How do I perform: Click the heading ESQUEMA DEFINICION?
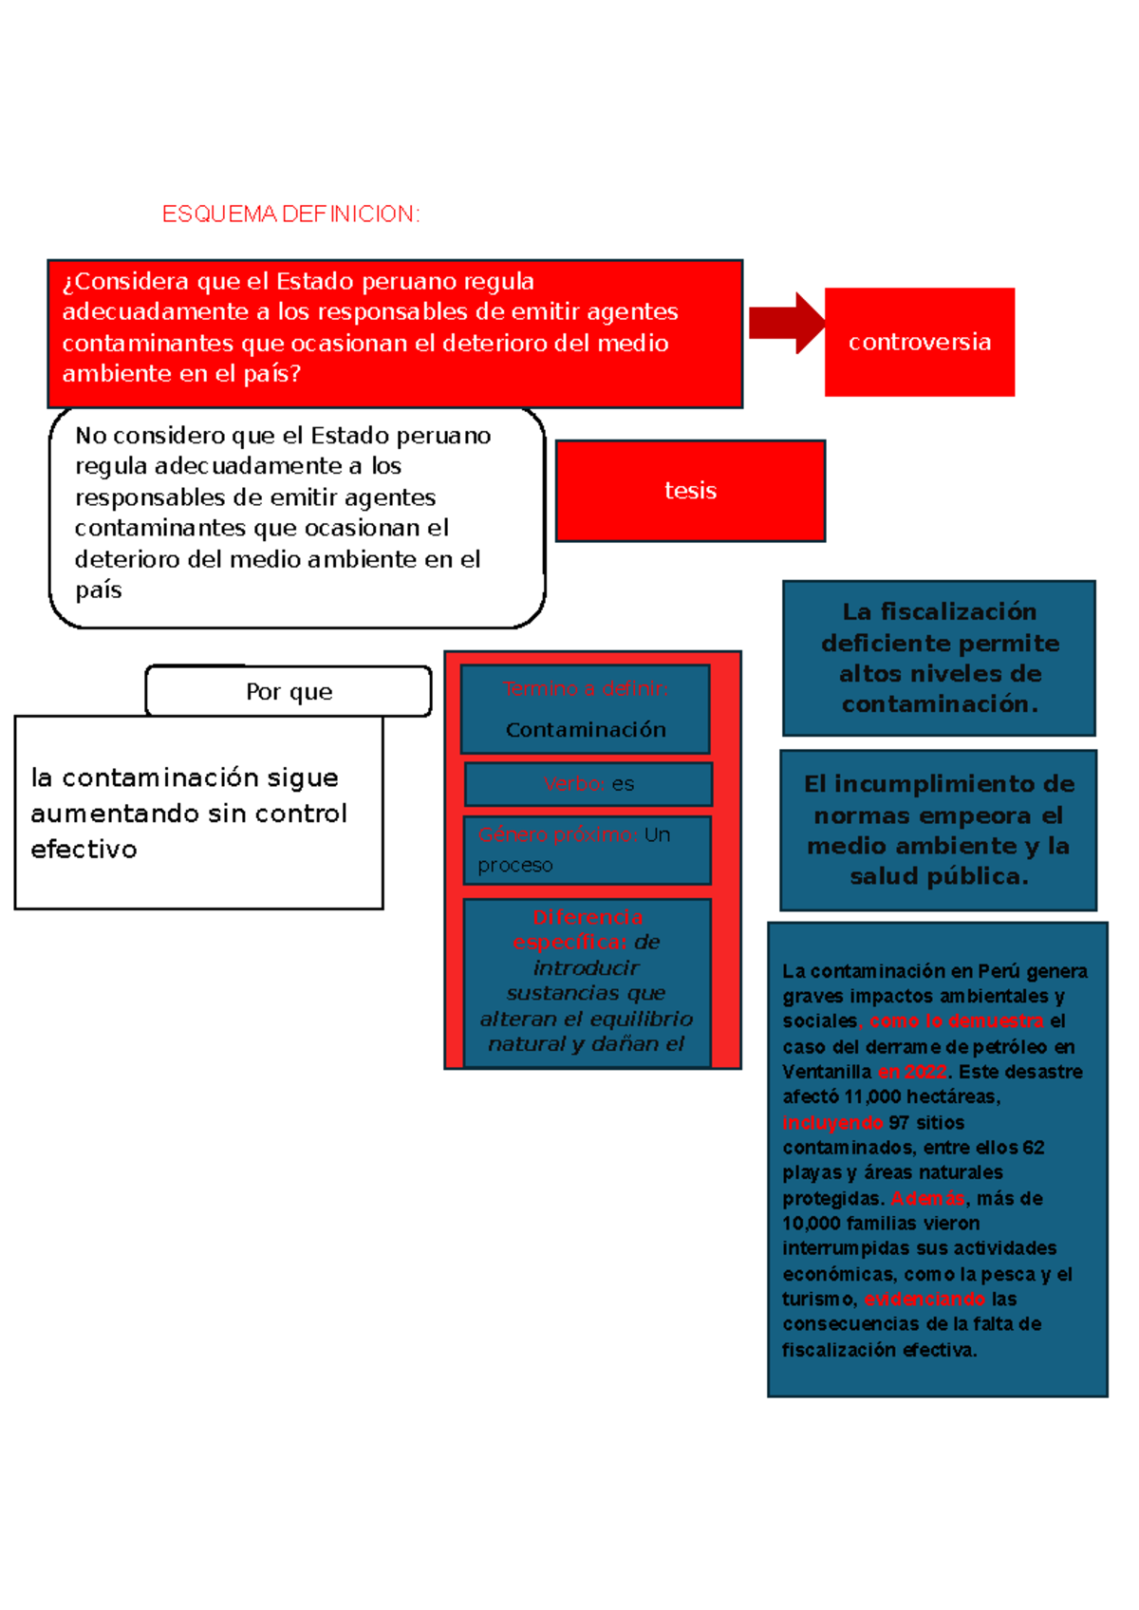(x=290, y=215)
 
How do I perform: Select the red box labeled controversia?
(x=919, y=342)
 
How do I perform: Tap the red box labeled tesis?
(x=690, y=491)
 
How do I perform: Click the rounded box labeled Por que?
(x=289, y=691)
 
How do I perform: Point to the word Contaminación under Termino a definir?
(x=586, y=730)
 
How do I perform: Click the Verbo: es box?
(x=588, y=784)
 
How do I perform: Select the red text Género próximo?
(x=558, y=835)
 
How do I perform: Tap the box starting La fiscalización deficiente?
(x=939, y=658)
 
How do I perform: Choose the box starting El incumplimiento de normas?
(x=938, y=830)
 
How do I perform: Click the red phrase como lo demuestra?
(x=956, y=1021)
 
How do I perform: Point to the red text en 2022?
(x=912, y=1072)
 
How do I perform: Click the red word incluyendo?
(x=832, y=1123)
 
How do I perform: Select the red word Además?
(x=927, y=1199)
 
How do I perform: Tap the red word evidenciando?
(x=924, y=1300)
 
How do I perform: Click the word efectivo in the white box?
(x=84, y=850)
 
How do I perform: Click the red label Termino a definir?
(x=586, y=689)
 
